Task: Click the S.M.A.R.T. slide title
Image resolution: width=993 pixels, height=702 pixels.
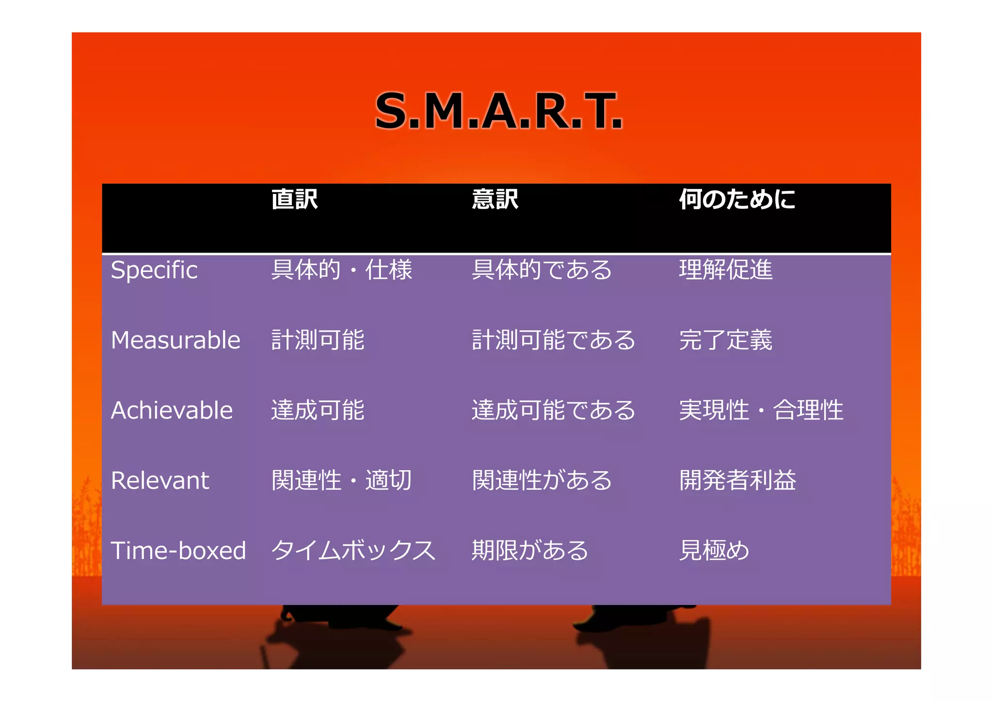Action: [x=498, y=112]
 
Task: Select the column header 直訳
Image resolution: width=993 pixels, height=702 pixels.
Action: [x=294, y=199]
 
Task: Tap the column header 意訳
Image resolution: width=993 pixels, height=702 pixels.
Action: [x=495, y=199]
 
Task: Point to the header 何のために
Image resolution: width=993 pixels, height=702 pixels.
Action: [x=737, y=199]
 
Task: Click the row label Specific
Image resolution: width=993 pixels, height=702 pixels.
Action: [x=154, y=270]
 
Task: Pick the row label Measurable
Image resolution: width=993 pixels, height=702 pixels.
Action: [x=176, y=340]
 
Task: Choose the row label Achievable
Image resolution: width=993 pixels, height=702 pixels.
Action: [x=172, y=410]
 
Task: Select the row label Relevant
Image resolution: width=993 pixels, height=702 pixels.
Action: [x=160, y=480]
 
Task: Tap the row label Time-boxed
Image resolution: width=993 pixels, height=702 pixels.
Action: [x=178, y=551]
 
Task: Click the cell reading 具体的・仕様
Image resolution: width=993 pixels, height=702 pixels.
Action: [x=341, y=270]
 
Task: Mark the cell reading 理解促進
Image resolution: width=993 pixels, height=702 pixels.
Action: [x=725, y=270]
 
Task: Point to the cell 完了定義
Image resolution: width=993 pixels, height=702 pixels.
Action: [x=725, y=340]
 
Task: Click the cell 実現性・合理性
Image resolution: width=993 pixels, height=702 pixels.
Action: [x=761, y=410]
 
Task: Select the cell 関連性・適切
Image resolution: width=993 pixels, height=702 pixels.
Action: [x=341, y=480]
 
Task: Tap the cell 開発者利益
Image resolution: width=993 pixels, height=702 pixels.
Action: [x=737, y=480]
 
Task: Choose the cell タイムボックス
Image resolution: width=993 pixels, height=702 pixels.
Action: [x=353, y=551]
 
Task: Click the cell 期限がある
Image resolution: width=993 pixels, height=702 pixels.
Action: [x=530, y=551]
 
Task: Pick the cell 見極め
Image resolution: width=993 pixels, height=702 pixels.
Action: [x=714, y=551]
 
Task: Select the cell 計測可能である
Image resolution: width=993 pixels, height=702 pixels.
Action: [x=553, y=340]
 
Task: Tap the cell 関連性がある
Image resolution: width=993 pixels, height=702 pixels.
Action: [x=542, y=480]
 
